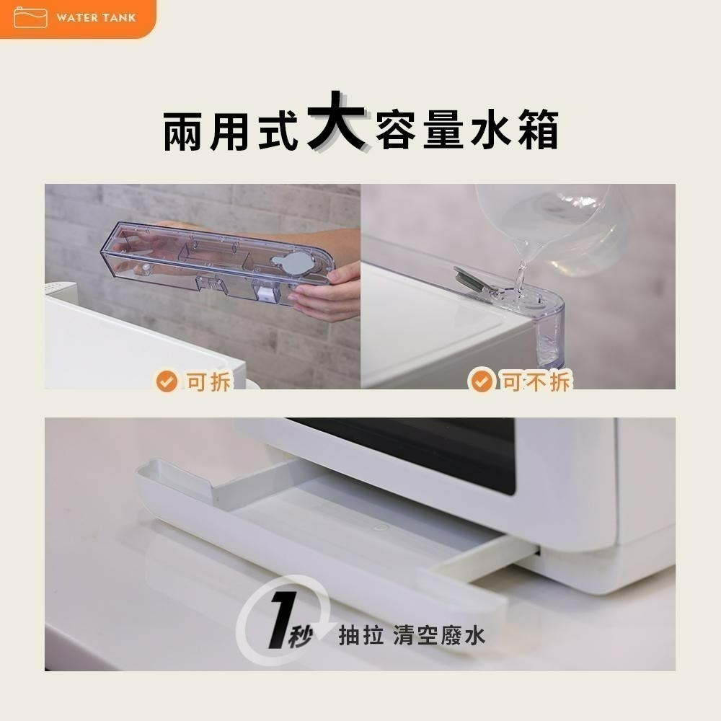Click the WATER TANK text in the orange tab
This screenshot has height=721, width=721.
[x=96, y=18]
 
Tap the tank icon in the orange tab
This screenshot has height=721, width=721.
[x=30, y=18]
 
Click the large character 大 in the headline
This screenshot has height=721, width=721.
[x=336, y=121]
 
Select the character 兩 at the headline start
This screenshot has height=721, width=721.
[x=186, y=131]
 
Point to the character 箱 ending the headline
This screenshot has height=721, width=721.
[x=537, y=131]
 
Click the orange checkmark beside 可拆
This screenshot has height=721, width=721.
[x=167, y=381]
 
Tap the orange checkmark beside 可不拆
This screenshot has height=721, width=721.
[x=482, y=381]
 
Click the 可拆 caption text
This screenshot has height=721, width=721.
[x=209, y=381]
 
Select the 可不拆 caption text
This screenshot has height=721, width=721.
[x=536, y=381]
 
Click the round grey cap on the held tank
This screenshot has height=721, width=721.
[x=296, y=263]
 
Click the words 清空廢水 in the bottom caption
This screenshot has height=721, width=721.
[x=439, y=635]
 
